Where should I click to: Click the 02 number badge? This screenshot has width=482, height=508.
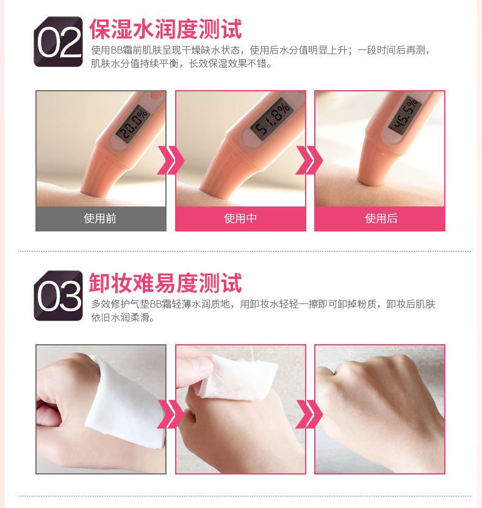pyautogui.click(x=58, y=42)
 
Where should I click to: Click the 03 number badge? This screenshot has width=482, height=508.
pyautogui.click(x=58, y=295)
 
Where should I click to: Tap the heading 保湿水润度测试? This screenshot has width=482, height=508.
pyautogui.click(x=165, y=29)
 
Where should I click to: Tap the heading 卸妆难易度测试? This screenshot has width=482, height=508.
pyautogui.click(x=165, y=283)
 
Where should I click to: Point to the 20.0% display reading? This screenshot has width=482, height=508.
pyautogui.click(x=134, y=123)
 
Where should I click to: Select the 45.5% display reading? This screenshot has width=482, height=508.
pyautogui.click(x=405, y=115)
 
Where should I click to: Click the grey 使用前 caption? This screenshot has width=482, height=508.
pyautogui.click(x=101, y=219)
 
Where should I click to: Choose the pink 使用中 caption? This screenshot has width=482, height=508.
pyautogui.click(x=240, y=219)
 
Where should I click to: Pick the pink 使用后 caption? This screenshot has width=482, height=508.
pyautogui.click(x=379, y=219)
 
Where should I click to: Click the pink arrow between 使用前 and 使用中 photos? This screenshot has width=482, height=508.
pyautogui.click(x=171, y=160)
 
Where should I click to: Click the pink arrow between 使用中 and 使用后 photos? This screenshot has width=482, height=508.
pyautogui.click(x=310, y=160)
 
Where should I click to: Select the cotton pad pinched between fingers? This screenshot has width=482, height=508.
pyautogui.click(x=237, y=376)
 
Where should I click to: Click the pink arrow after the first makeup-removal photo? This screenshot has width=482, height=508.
pyautogui.click(x=171, y=414)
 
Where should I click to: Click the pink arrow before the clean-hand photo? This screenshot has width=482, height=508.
pyautogui.click(x=310, y=414)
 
